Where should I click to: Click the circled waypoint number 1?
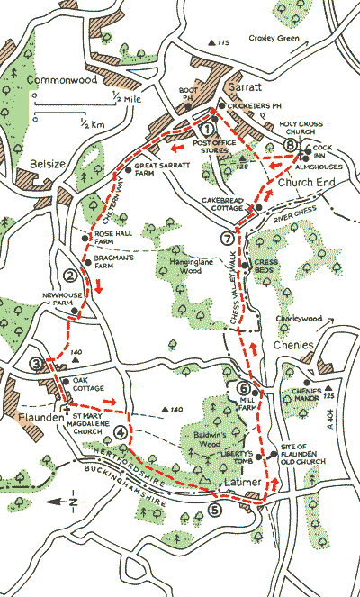[209, 129]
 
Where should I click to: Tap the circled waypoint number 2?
[69, 276]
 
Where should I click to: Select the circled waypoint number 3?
[37, 364]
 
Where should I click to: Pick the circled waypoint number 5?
[214, 510]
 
